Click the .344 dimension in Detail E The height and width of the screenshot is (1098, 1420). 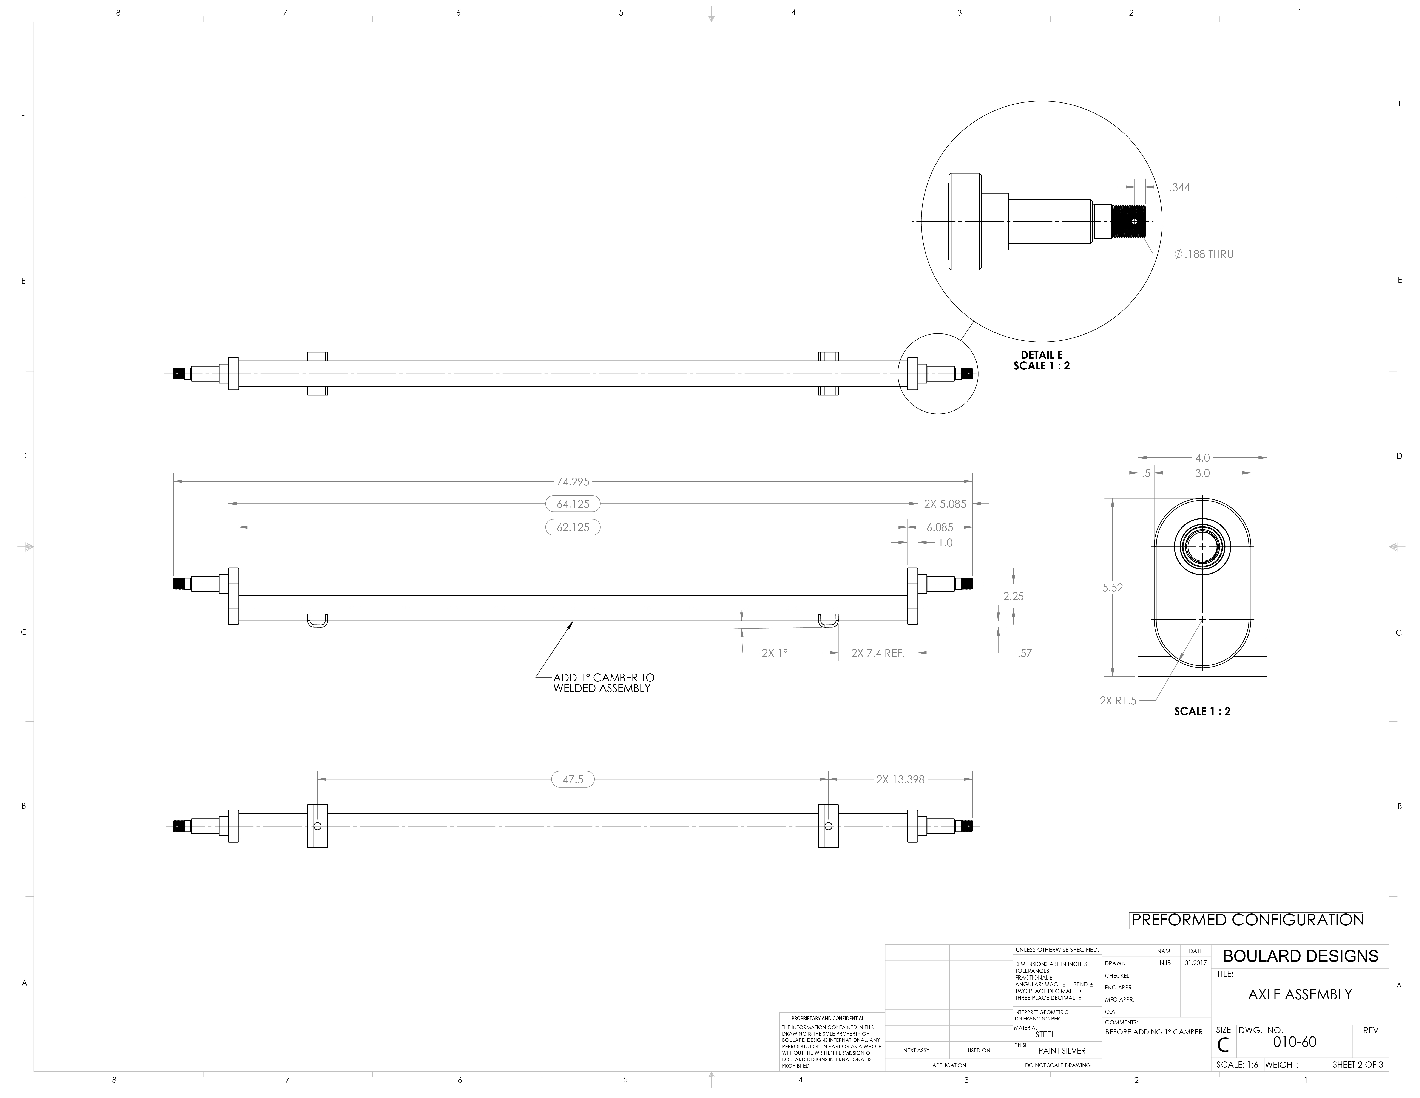pos(1179,187)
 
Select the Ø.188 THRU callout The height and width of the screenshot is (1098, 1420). pos(1204,254)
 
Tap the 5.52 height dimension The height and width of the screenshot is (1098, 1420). pos(1113,587)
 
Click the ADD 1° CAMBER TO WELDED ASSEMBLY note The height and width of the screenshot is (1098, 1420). pos(603,683)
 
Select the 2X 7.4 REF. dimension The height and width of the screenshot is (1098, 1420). pos(878,653)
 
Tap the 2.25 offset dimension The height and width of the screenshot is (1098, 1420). pos(1013,596)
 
